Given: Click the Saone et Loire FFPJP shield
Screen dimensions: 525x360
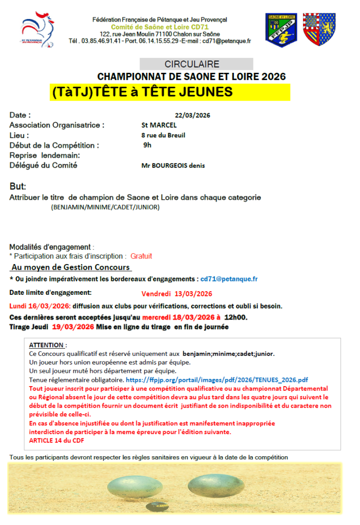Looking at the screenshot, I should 281,30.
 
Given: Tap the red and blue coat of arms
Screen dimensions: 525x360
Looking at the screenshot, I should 319,30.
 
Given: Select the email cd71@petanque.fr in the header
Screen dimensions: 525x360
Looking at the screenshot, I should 226,41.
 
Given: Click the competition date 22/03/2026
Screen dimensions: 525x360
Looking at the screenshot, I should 193,115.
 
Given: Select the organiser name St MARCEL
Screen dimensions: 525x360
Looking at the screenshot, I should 159,125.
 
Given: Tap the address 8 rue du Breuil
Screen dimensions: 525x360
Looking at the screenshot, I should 163,135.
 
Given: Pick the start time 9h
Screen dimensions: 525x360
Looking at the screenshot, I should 147,145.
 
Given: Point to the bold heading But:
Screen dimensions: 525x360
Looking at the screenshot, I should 18,186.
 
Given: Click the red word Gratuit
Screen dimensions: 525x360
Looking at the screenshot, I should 141,256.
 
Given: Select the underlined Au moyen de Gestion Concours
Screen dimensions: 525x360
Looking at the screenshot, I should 71,267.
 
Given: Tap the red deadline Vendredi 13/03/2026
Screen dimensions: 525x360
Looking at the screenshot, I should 177,294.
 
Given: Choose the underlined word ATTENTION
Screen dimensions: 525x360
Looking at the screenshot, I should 47,345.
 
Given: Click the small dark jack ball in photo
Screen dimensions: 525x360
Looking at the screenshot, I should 156,507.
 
